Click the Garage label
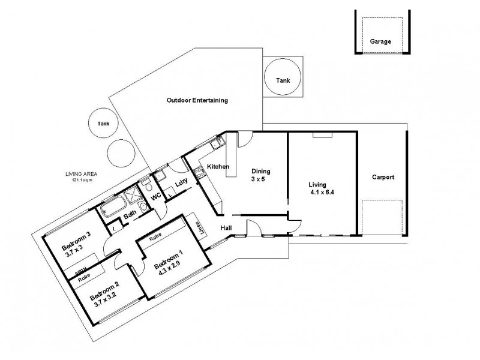(x=380, y=42)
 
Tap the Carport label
(x=383, y=177)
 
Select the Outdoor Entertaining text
(x=197, y=101)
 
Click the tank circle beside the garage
(x=282, y=80)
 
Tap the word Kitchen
(x=218, y=166)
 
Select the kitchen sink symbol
(x=217, y=143)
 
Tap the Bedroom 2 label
(x=106, y=297)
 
